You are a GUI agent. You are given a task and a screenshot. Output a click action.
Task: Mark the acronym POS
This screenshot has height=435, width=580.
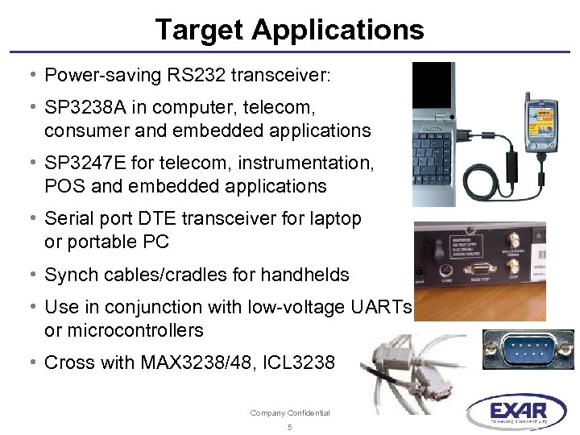(x=62, y=186)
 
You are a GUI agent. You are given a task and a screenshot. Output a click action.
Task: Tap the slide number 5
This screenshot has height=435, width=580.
(x=290, y=427)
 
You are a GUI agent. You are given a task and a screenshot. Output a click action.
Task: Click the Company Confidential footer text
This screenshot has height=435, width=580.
(x=290, y=413)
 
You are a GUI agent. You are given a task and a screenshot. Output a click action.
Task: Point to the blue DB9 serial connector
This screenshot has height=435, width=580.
(x=528, y=349)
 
